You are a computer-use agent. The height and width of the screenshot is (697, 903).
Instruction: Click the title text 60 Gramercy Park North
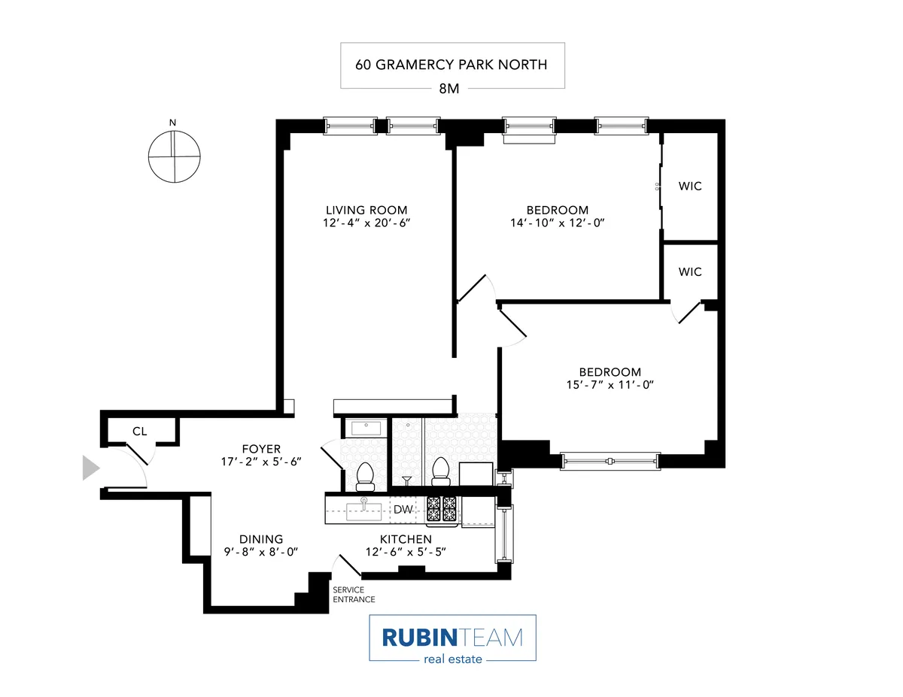point(451,64)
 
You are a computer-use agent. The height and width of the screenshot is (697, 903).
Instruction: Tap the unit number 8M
point(451,88)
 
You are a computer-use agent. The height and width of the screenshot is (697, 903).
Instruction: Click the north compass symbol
point(174,156)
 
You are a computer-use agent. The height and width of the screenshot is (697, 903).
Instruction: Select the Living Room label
point(366,210)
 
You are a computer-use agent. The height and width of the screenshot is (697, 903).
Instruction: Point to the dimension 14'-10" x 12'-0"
point(557,223)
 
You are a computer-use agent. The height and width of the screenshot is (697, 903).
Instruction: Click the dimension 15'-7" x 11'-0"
point(610,385)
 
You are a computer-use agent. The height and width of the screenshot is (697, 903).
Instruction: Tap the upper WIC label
point(690,186)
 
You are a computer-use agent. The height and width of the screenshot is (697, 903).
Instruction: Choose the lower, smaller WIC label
point(690,271)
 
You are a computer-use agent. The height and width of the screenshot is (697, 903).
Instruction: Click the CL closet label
point(139,432)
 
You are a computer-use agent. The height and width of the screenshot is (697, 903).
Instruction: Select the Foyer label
point(260,450)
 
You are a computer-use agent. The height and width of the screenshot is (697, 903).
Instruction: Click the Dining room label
point(261,539)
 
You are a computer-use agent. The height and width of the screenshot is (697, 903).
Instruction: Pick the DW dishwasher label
point(404,510)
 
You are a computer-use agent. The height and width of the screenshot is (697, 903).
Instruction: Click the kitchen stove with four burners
point(442,509)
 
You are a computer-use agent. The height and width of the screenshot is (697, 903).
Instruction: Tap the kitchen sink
point(363,511)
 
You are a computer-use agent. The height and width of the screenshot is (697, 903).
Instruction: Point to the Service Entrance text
point(354,595)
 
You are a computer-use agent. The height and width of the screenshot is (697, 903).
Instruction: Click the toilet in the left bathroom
point(365,474)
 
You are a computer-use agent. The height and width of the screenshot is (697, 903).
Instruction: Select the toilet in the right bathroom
point(441,471)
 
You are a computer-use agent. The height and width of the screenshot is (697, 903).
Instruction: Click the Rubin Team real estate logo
point(452,638)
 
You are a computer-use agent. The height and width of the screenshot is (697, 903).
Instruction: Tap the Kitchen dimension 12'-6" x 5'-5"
point(405,552)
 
